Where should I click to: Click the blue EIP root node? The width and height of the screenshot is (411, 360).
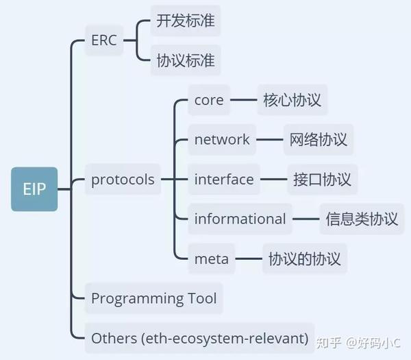coord(34,188)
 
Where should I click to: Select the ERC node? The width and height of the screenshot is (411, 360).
coord(104,40)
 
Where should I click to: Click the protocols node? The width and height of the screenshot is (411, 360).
coord(123,180)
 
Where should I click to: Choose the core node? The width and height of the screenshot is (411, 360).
coord(209,100)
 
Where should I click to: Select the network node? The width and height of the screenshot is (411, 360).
coord(222,140)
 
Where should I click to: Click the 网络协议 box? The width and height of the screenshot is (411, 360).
coord(319,140)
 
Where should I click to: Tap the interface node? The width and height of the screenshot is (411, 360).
coord(224,180)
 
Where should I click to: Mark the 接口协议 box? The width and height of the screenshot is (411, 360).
coord(322,180)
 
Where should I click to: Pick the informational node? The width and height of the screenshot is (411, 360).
coord(240,219)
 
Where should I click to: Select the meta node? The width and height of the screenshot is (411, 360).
coord(212,259)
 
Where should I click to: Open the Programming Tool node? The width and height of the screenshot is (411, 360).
coord(153,298)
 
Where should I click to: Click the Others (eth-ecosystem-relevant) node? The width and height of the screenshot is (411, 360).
coord(199,338)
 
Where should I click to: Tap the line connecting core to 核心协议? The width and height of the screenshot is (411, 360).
coord(244,100)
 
